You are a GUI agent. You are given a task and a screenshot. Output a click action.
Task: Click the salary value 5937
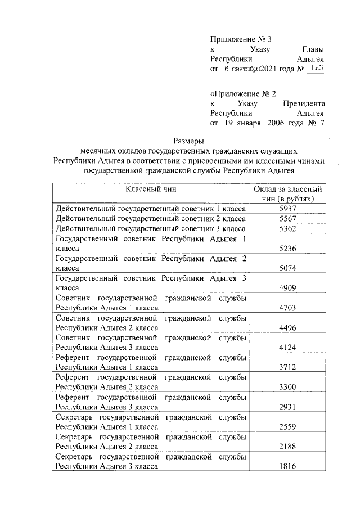coord(287,208)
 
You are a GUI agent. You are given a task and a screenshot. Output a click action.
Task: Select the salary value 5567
coord(287,218)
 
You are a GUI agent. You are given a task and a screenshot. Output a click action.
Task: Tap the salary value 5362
coord(287,229)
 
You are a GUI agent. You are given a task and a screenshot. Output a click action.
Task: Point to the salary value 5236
coord(287,249)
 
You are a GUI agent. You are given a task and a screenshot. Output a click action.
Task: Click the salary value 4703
coord(287,308)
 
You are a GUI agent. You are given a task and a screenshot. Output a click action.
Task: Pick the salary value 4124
coord(287,347)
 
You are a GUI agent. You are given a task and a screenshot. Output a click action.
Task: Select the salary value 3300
coord(287,387)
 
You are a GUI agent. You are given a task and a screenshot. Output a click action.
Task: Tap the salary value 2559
coord(287,426)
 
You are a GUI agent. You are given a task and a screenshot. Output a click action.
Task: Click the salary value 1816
coord(287,466)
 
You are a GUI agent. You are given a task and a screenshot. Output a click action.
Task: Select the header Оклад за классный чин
coord(287,193)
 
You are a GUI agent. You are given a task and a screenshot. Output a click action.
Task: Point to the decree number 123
coord(317,68)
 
